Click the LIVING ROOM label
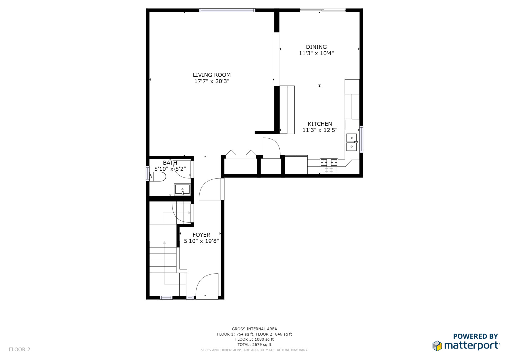tap(212, 75)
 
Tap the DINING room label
tap(316, 47)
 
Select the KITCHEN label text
tap(320, 124)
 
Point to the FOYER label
tap(201, 235)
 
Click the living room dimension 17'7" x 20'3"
tap(212, 81)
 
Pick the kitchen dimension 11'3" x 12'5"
tap(320, 130)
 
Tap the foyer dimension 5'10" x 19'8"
tap(201, 241)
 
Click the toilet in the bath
tap(157, 177)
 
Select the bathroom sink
tap(182, 190)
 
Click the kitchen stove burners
tap(329, 163)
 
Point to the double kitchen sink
tap(352, 142)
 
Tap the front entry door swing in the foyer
tap(207, 285)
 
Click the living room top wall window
tap(227, 10)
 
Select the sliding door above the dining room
tap(323, 10)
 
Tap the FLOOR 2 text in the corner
tap(20, 349)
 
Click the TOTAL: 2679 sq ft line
tap(254, 345)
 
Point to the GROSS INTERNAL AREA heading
tap(254, 329)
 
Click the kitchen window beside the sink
tap(361, 139)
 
